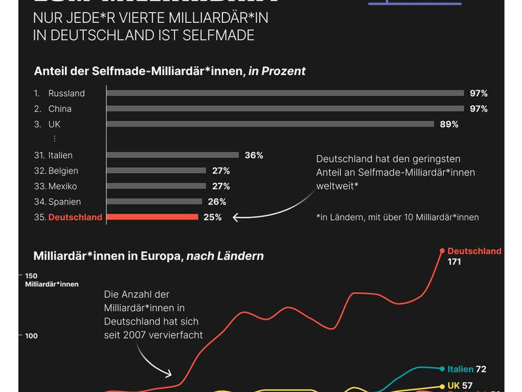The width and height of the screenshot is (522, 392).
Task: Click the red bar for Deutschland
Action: click(151, 217)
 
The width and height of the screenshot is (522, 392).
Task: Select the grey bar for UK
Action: click(269, 124)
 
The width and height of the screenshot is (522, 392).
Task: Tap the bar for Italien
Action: click(172, 155)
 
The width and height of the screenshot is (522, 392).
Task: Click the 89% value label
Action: click(449, 124)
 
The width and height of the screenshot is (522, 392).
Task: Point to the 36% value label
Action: click(254, 155)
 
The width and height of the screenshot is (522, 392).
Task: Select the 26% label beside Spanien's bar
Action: click(217, 202)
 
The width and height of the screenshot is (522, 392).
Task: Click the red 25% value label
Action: click(213, 218)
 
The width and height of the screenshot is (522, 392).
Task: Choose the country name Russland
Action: click(67, 93)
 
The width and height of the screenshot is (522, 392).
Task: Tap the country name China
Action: click(60, 109)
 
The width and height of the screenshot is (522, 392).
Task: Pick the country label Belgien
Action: click(63, 171)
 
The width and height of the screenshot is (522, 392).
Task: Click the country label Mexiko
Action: click(63, 186)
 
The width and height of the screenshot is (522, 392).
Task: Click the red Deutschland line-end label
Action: click(474, 251)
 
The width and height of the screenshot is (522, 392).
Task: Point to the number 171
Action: click(455, 262)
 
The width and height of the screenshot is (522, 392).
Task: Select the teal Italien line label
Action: click(460, 369)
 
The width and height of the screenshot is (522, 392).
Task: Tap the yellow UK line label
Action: click(454, 385)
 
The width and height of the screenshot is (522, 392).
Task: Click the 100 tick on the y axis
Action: click(32, 336)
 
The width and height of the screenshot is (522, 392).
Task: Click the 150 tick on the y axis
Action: click(32, 275)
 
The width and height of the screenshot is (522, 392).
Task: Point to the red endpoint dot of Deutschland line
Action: click(442, 251)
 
